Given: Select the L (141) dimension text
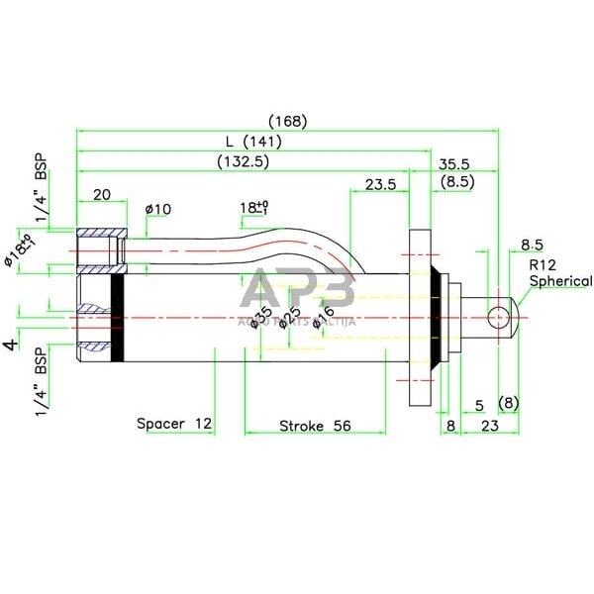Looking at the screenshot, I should [255, 142].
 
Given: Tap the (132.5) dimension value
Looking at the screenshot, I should [243, 160].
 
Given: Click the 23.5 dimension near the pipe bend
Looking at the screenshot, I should [380, 185].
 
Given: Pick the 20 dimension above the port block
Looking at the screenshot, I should [101, 195].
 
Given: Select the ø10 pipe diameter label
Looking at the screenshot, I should [158, 209].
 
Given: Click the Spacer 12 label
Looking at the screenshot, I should [174, 424].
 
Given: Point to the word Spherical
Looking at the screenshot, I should [559, 281].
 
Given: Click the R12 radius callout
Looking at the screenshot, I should [542, 265].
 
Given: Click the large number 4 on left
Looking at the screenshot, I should [12, 345].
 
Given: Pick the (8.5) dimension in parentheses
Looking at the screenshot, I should [457, 181].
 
